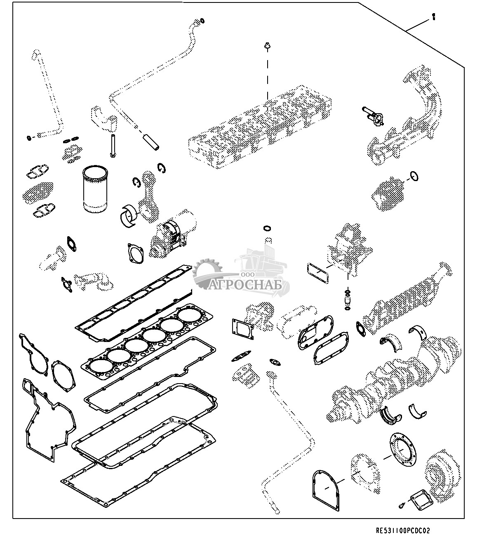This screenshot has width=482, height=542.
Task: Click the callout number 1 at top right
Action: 433,17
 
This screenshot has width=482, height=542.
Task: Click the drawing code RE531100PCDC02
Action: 403,530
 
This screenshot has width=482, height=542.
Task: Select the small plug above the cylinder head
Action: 267,46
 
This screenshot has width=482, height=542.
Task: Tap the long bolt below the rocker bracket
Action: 112,145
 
